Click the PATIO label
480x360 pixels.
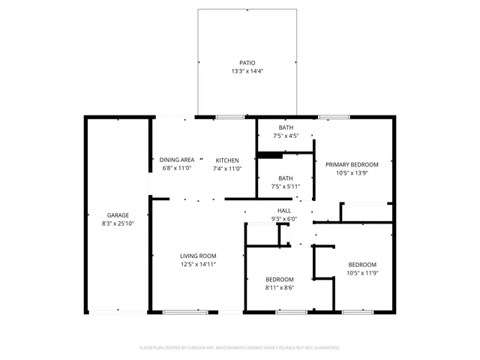click(x=247, y=63)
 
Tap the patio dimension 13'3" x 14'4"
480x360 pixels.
click(x=247, y=71)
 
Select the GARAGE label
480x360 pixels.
click(x=117, y=214)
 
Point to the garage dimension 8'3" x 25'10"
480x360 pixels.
click(x=117, y=223)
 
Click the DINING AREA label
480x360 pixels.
click(x=177, y=160)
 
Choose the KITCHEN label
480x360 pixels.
click(x=227, y=160)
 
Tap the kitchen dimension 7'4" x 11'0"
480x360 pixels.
click(x=227, y=169)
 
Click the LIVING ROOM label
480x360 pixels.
click(x=198, y=256)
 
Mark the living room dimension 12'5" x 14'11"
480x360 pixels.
click(x=198, y=265)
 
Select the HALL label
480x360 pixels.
click(x=284, y=210)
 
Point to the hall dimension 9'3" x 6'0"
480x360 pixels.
click(x=284, y=219)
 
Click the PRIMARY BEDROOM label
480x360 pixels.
click(x=352, y=164)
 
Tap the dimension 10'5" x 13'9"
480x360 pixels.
click(x=352, y=173)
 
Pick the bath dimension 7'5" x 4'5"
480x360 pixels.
click(x=286, y=136)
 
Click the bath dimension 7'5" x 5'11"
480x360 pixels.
click(x=286, y=186)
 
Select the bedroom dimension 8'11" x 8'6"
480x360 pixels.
click(x=279, y=287)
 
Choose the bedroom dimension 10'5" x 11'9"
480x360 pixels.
click(x=361, y=273)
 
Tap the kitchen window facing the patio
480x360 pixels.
click(x=230, y=117)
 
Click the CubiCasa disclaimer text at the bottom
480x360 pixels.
click(x=240, y=347)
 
